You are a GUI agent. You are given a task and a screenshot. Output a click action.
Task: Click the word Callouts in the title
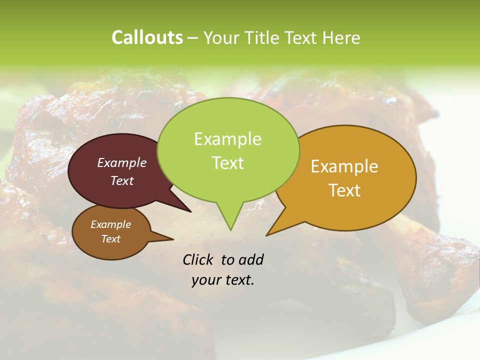[147, 37]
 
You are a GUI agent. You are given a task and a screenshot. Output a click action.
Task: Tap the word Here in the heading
[341, 38]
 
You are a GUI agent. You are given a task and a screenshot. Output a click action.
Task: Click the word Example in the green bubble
[227, 139]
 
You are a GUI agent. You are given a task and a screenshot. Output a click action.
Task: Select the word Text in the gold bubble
[344, 190]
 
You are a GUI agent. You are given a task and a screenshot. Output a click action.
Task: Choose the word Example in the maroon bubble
[122, 162]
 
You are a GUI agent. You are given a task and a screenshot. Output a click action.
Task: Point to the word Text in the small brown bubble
[111, 239]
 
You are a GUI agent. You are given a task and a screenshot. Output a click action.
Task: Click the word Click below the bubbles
[197, 259]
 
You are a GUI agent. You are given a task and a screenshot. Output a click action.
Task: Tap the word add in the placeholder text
[250, 259]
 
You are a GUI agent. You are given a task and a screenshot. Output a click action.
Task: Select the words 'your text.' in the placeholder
[222, 280]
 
